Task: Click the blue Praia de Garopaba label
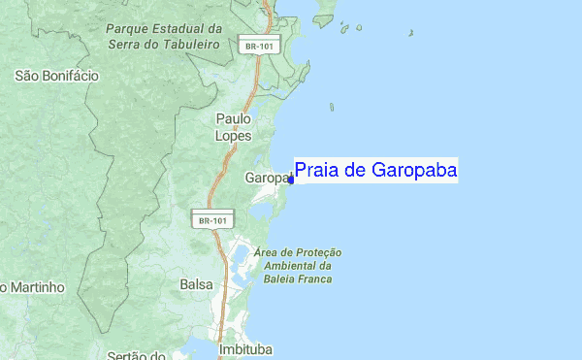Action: click(375, 171)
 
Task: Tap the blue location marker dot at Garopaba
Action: click(292, 179)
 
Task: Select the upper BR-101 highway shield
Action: click(254, 46)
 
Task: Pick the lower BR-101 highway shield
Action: click(212, 220)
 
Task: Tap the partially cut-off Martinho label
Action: click(33, 287)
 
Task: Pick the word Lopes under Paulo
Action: click(233, 136)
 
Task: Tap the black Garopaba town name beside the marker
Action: click(267, 179)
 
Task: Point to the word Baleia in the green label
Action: click(271, 279)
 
